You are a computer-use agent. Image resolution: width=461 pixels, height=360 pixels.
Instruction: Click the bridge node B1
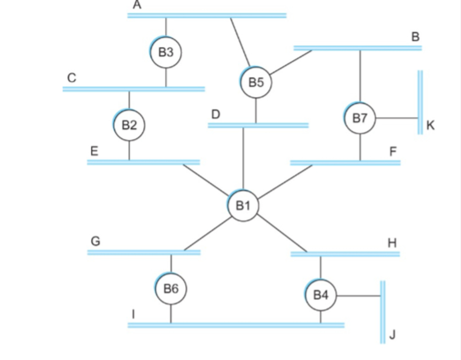pyautogui.click(x=244, y=205)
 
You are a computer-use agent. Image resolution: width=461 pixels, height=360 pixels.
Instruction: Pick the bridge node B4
pyautogui.click(x=321, y=295)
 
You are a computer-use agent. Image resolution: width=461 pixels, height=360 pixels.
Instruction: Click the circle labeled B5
pyautogui.click(x=256, y=82)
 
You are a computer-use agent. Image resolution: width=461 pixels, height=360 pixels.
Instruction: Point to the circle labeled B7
pyautogui.click(x=360, y=118)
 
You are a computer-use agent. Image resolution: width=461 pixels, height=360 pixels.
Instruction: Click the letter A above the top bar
pyautogui.click(x=136, y=5)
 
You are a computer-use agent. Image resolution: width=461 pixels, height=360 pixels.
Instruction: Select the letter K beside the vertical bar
pyautogui.click(x=431, y=125)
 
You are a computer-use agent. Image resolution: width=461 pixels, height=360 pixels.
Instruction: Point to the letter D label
pyautogui.click(x=215, y=114)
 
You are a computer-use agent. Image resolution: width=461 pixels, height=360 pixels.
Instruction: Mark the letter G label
pyautogui.click(x=96, y=242)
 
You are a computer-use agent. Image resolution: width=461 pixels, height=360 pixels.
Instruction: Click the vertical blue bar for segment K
pyautogui.click(x=420, y=102)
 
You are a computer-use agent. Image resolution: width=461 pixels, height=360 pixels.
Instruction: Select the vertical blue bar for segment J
pyautogui.click(x=383, y=312)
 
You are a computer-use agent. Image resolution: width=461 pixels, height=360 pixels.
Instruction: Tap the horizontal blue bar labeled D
pyautogui.click(x=258, y=125)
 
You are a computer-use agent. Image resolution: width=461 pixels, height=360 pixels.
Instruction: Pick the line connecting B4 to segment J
pyautogui.click(x=357, y=296)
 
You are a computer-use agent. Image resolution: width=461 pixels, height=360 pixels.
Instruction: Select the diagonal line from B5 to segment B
pyautogui.click(x=291, y=62)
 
